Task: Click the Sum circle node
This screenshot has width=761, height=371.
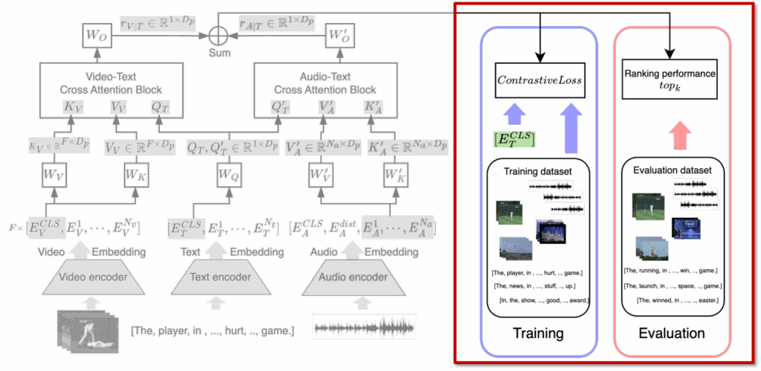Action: point(218,34)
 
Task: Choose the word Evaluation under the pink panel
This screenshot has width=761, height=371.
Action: point(672,332)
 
